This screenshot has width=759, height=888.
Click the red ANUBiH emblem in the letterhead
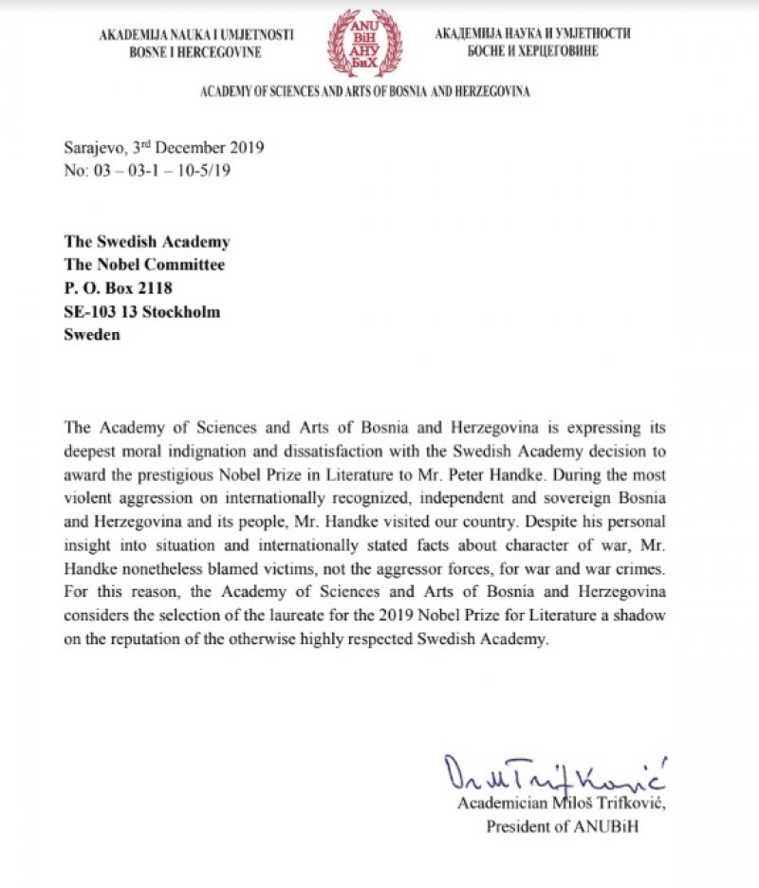pyautogui.click(x=364, y=42)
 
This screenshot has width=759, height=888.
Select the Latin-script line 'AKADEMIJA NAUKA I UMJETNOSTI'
pyautogui.click(x=196, y=35)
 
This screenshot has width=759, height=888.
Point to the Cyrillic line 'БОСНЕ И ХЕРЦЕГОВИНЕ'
pyautogui.click(x=532, y=51)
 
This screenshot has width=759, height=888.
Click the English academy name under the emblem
pyautogui.click(x=364, y=92)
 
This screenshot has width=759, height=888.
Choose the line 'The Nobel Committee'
pyautogui.click(x=145, y=266)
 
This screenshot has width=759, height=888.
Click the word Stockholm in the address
pyautogui.click(x=180, y=312)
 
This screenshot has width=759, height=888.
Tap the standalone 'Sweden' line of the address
pyautogui.click(x=92, y=335)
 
